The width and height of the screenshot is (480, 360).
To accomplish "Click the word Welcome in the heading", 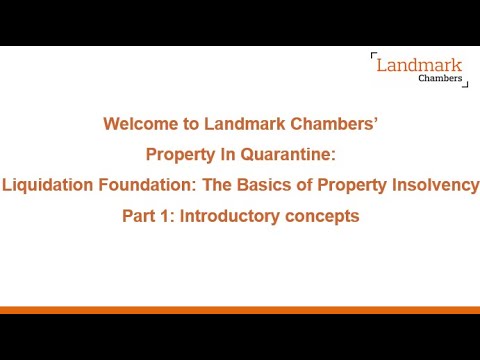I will (x=136, y=125).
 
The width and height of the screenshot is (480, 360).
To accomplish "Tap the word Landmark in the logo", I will (x=419, y=67).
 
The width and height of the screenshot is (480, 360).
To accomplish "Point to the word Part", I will (x=139, y=215).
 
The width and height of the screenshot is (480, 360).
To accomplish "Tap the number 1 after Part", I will (x=166, y=215).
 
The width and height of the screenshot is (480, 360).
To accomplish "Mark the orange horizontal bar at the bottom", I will (x=240, y=310).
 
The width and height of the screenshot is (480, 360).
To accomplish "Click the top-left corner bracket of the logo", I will (x=373, y=55).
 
